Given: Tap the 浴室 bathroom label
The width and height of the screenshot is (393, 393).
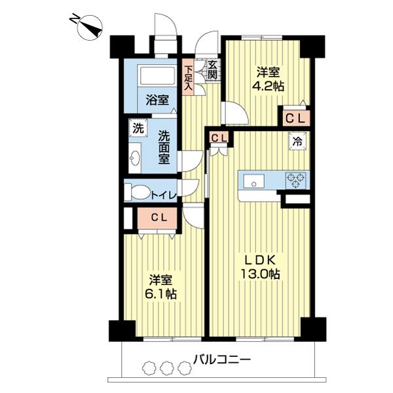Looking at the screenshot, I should pos(157,101).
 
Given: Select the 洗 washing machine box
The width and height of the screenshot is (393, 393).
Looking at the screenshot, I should pos(138,128).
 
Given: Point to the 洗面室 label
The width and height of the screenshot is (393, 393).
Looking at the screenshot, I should pos(165,147).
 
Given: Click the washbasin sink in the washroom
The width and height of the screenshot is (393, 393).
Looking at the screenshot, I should pos(136,157).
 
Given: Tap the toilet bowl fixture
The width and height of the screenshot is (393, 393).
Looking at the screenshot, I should pos(138,192).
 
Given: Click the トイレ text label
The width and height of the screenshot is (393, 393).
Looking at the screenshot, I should pos(162,194).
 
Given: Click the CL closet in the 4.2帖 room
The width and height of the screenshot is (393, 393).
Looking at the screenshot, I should pos(295,118).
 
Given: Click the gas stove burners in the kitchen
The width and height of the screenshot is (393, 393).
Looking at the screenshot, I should pos(295,178).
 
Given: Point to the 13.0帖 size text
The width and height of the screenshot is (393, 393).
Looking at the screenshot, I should pos(260,275).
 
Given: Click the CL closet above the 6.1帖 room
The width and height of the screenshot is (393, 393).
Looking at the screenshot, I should pos(157,217).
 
